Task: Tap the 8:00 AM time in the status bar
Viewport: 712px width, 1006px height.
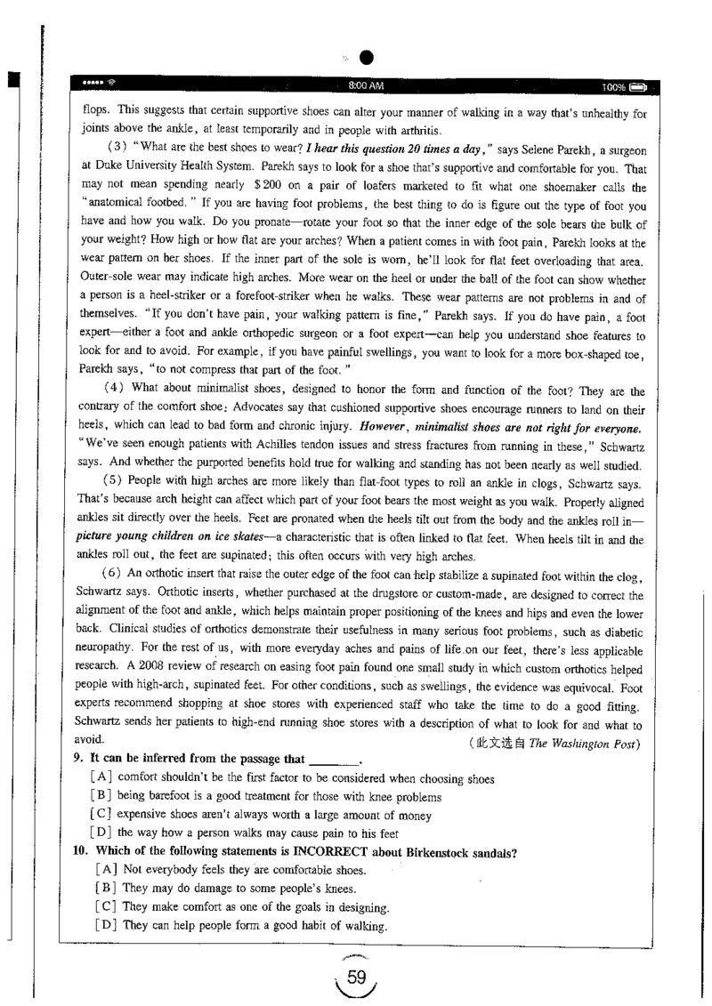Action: tap(366, 85)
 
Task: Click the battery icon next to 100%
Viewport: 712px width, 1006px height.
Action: tap(637, 86)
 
